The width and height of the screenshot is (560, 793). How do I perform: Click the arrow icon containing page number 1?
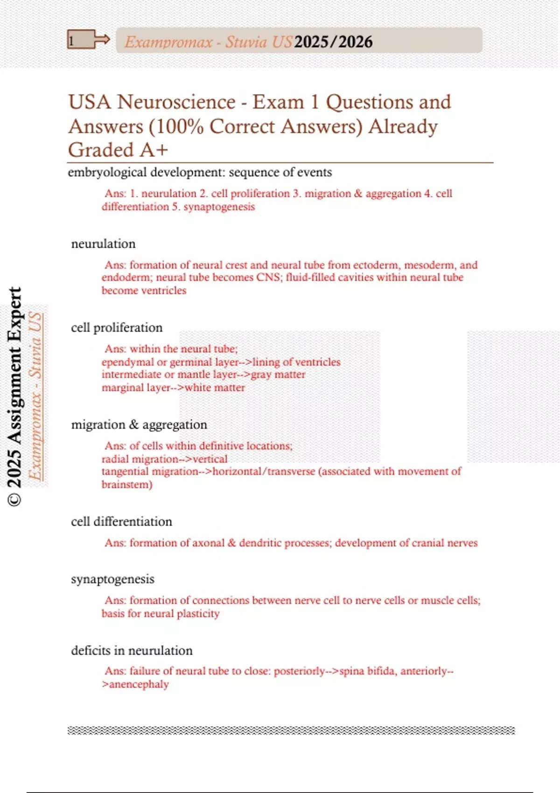point(88,40)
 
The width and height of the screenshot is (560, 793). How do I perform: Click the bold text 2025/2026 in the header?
point(333,42)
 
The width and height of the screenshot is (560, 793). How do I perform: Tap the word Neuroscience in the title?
point(176,102)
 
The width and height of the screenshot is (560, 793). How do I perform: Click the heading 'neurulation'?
point(103,244)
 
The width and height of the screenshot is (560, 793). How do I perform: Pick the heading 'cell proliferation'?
point(117,328)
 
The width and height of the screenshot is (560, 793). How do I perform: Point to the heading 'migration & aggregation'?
point(139,425)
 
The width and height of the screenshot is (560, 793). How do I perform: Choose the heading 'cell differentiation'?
point(121,522)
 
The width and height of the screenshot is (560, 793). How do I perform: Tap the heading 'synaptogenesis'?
point(112,579)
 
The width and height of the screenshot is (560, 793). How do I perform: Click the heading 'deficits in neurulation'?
point(132,651)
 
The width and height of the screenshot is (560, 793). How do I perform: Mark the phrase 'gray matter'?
point(278,375)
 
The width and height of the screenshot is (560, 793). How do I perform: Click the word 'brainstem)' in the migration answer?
point(127,485)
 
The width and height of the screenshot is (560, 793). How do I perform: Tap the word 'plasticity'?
point(198,613)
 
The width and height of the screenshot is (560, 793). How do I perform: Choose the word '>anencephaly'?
point(135,684)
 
